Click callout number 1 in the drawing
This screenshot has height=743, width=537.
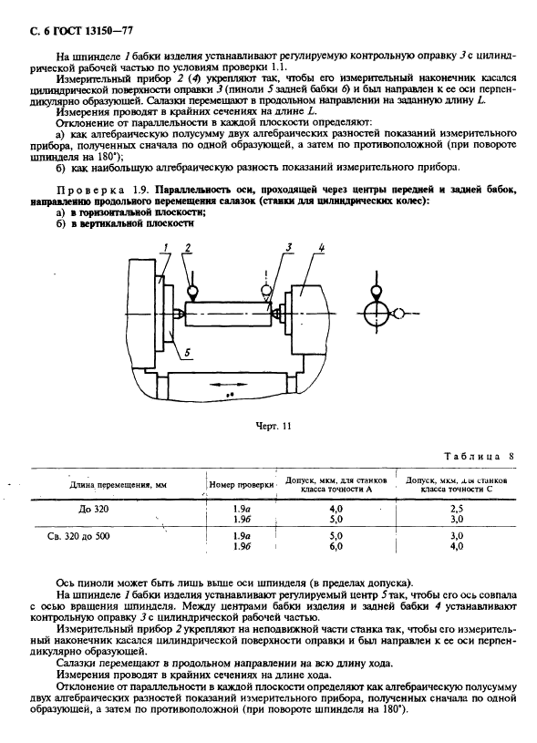tap(166, 248)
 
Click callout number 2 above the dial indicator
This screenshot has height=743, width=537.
tap(187, 248)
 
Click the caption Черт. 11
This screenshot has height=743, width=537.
tap(273, 425)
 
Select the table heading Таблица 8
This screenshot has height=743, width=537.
tap(480, 455)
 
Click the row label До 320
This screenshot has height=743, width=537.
tap(94, 507)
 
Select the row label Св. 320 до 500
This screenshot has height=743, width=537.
tap(80, 536)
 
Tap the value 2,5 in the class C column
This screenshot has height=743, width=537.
tap(457, 508)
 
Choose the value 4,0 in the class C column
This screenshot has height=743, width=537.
tap(457, 547)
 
